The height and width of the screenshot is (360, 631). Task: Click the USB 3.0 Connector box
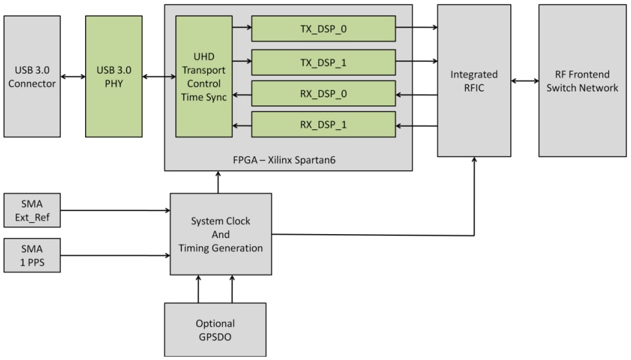32,76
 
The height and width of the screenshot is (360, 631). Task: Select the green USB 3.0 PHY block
113,76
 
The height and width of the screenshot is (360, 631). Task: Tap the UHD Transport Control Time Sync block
204,76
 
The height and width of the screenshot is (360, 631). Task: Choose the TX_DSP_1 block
323,62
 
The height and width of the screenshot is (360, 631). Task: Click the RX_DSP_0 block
323,93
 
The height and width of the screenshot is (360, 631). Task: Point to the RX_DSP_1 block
323,125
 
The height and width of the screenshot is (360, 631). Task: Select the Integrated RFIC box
473,80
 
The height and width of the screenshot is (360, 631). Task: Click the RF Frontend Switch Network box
582,80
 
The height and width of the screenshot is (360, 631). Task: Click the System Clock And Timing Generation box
220,234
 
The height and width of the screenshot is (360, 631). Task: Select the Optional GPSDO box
215,330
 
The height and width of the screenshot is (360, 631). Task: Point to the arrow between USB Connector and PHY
73,77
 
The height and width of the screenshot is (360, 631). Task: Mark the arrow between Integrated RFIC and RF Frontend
525,81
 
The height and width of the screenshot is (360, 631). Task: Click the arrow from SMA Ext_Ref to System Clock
115,211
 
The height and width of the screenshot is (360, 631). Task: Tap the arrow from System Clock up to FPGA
218,182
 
